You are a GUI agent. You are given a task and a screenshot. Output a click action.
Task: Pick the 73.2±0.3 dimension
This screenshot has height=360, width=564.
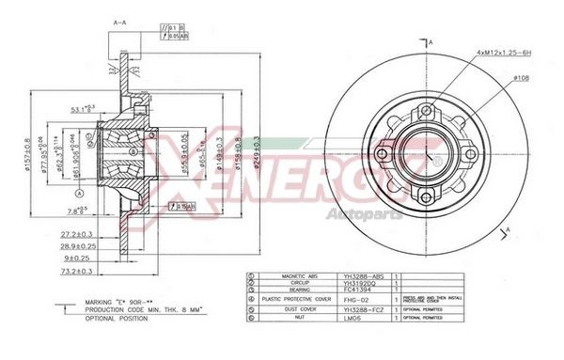tap(82, 270)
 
